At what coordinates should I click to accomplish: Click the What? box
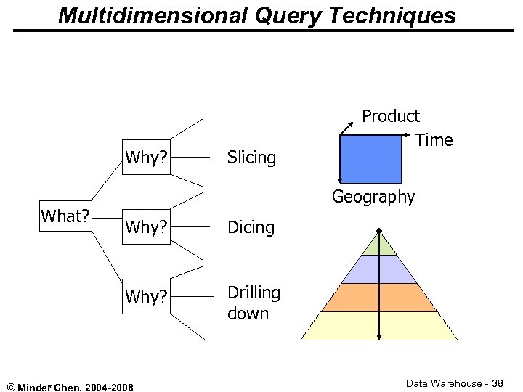point(65,216)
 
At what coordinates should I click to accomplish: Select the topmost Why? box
point(146,158)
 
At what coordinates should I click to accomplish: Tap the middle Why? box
point(146,227)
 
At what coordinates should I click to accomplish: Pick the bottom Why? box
point(146,297)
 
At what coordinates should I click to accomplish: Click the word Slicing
point(251,158)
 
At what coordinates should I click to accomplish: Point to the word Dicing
point(251,227)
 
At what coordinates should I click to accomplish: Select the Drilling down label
point(254,303)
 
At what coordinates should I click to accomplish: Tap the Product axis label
point(391,116)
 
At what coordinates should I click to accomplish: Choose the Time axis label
point(434,140)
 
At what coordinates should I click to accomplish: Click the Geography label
point(373,197)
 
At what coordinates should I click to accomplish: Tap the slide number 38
point(497,383)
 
